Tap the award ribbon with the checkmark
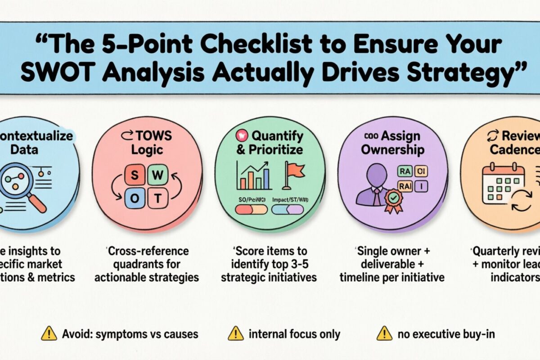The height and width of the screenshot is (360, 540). click(x=394, y=200)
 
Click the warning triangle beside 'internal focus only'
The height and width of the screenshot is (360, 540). click(x=235, y=333)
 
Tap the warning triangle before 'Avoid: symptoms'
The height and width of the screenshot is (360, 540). click(x=49, y=333)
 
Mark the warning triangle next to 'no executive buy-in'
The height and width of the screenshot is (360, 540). click(x=384, y=333)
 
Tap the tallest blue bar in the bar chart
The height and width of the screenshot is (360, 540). click(x=266, y=179)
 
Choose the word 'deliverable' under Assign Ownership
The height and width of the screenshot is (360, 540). click(x=392, y=264)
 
